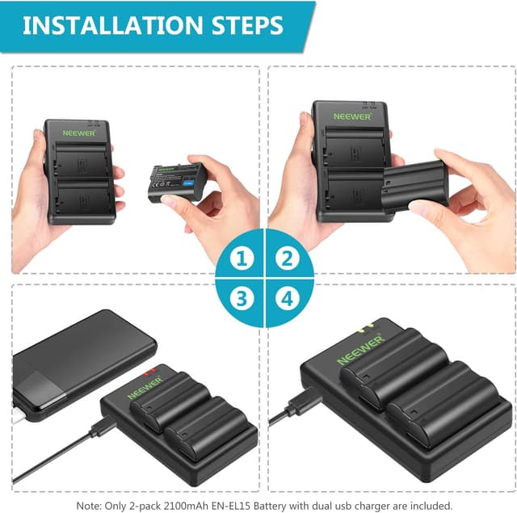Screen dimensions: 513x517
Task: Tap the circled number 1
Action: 240,259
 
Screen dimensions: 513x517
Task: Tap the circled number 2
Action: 284,259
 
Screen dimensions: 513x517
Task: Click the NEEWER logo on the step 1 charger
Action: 78,133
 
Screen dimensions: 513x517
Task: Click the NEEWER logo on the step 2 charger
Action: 351,116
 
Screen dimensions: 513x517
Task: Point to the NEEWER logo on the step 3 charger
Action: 145,388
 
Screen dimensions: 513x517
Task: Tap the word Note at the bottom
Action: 88,504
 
